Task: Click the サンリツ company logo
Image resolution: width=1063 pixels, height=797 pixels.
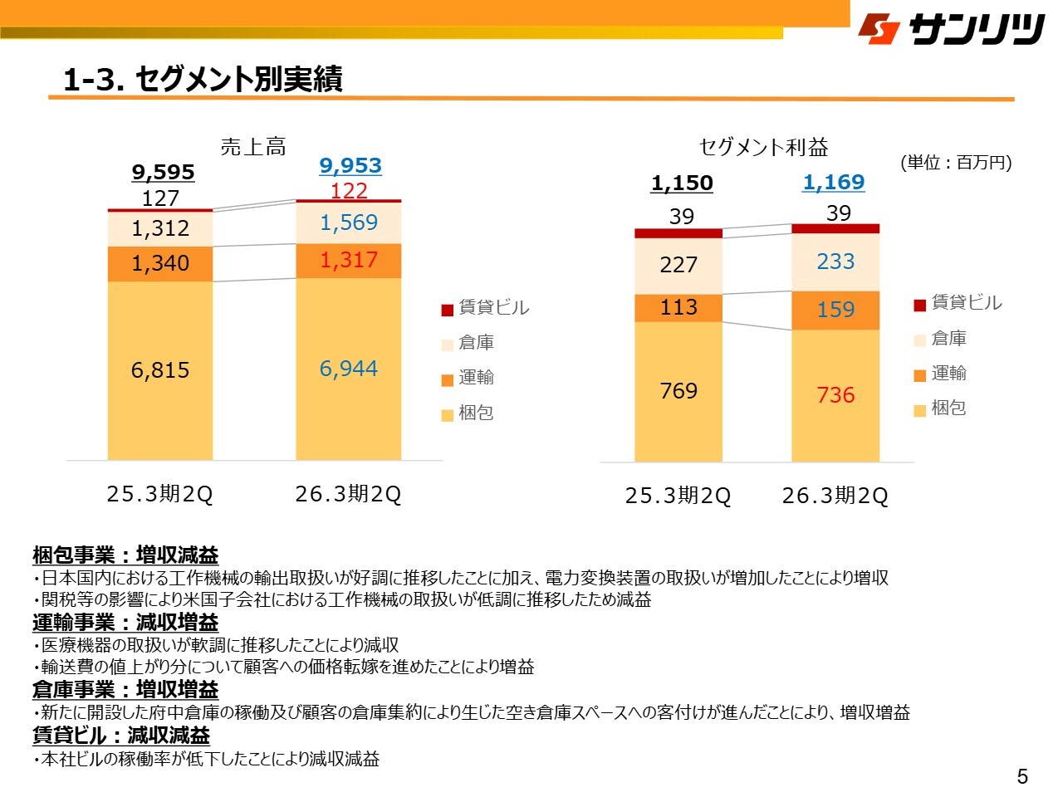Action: point(951,28)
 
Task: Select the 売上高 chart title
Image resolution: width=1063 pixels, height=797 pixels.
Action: point(253,148)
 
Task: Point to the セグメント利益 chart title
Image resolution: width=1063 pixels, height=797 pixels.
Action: point(763,148)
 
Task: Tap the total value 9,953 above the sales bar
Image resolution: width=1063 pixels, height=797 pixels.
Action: point(350,165)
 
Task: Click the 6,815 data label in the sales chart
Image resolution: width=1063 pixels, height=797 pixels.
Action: point(160,370)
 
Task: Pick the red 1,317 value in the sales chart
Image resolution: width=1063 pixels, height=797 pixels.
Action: point(349,260)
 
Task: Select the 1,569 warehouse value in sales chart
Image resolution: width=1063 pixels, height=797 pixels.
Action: point(349,222)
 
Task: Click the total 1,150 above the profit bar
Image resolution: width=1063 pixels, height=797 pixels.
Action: point(682,183)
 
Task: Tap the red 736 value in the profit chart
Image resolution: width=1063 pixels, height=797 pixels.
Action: point(835,395)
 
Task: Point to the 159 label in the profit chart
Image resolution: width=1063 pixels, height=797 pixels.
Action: point(835,310)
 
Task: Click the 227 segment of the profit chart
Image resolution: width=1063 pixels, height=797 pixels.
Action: point(678,265)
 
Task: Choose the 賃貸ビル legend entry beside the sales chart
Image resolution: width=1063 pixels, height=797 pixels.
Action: point(486,308)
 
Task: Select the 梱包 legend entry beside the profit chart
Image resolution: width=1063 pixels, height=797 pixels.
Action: point(940,408)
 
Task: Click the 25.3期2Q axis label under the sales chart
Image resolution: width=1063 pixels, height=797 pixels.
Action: point(160,495)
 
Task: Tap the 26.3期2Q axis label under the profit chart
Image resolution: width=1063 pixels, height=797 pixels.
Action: point(835,496)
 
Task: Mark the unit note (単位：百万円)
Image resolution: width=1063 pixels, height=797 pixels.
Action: point(956,163)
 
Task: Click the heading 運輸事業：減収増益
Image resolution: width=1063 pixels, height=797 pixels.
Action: point(125,623)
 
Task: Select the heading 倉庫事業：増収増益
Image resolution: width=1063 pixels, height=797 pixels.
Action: point(125,690)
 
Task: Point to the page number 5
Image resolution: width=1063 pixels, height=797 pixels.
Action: point(1022,776)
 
